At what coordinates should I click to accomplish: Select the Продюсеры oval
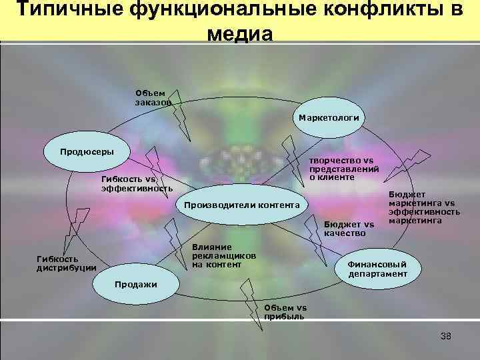tap(87, 151)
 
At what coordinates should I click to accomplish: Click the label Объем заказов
tap(153, 98)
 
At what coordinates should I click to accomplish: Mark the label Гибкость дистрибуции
tap(66, 263)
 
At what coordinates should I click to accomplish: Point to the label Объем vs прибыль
tap(285, 312)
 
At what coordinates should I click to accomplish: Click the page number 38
tap(446, 336)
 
